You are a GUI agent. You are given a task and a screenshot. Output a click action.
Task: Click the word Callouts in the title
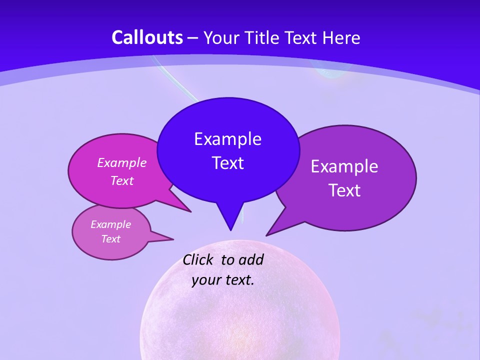147,37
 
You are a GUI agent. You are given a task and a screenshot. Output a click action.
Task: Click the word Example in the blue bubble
227,139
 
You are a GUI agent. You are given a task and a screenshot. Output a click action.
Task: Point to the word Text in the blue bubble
227,163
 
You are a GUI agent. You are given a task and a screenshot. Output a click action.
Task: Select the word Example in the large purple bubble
344,166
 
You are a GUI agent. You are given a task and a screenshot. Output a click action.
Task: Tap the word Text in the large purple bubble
344,190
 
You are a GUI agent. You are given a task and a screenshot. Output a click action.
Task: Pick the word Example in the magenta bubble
122,162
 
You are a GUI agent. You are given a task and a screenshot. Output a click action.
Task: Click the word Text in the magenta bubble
122,180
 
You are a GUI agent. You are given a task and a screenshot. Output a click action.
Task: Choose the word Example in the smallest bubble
110,224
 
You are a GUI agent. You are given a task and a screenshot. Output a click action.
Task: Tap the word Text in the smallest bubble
110,239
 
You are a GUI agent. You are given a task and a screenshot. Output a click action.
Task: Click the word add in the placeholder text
250,259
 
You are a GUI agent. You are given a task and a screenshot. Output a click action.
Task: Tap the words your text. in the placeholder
222,279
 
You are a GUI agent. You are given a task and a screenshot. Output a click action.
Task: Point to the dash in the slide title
193,38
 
